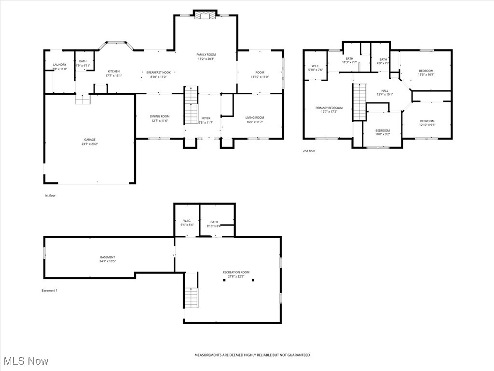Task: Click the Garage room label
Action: point(90,140)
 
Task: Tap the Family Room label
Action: point(206,55)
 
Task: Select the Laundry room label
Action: point(60,65)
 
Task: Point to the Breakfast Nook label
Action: point(159,72)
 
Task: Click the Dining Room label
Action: point(160,116)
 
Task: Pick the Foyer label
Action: point(206,118)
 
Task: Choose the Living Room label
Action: point(255,117)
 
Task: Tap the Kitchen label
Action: point(114,71)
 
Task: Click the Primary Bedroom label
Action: point(329,108)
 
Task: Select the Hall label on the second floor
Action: point(384,90)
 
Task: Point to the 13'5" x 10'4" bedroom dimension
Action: point(426,75)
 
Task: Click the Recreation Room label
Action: point(236,272)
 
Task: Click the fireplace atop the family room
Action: point(206,15)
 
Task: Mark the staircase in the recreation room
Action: point(192,291)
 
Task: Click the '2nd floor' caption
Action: point(309,151)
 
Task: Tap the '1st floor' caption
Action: point(50,196)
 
